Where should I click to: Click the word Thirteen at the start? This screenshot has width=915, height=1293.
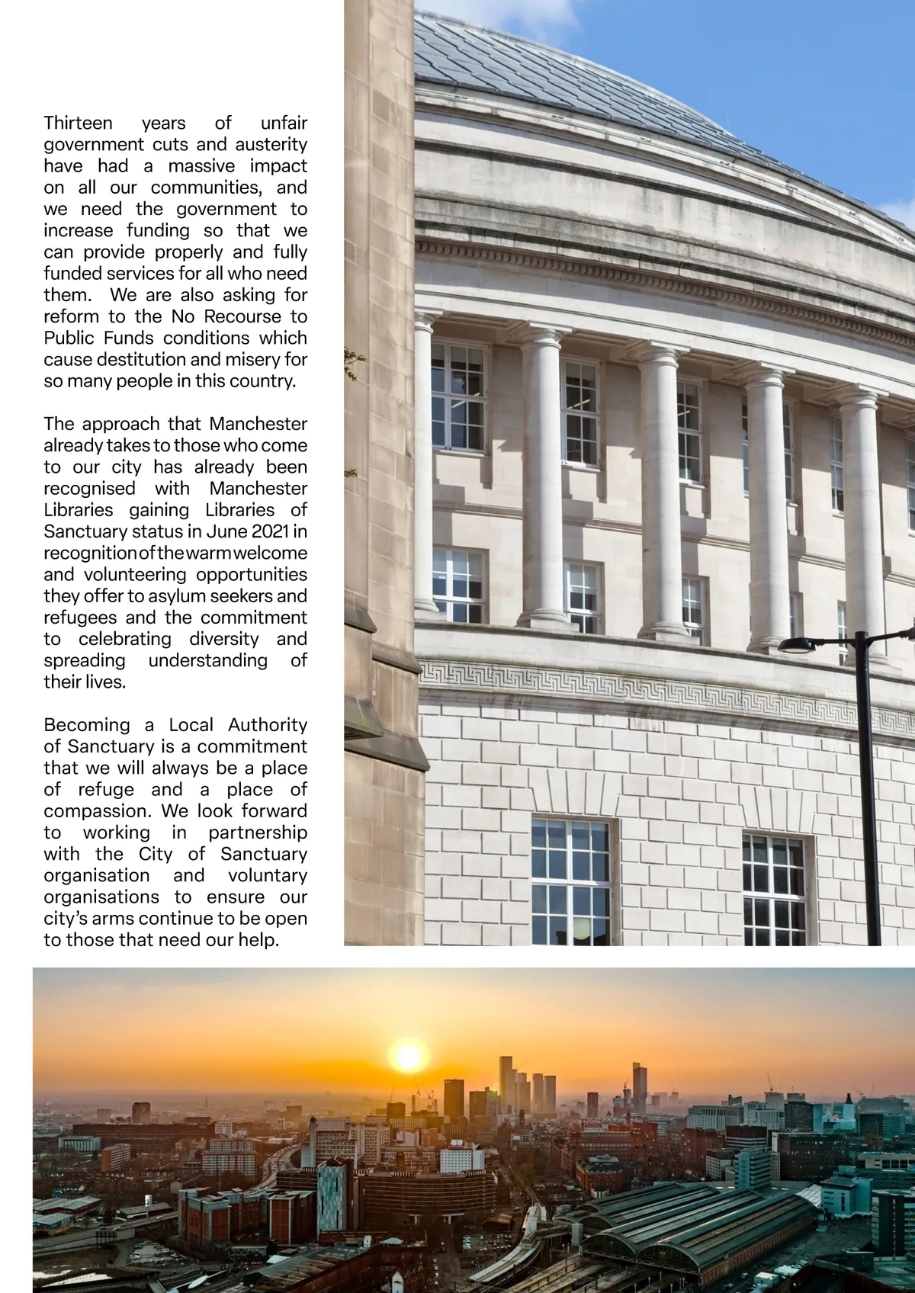point(78,123)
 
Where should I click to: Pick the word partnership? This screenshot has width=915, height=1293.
point(258,832)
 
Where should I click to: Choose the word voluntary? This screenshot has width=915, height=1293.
point(267,875)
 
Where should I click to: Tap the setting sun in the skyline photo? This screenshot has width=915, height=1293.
point(408,1058)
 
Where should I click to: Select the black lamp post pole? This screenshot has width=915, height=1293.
point(868,801)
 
